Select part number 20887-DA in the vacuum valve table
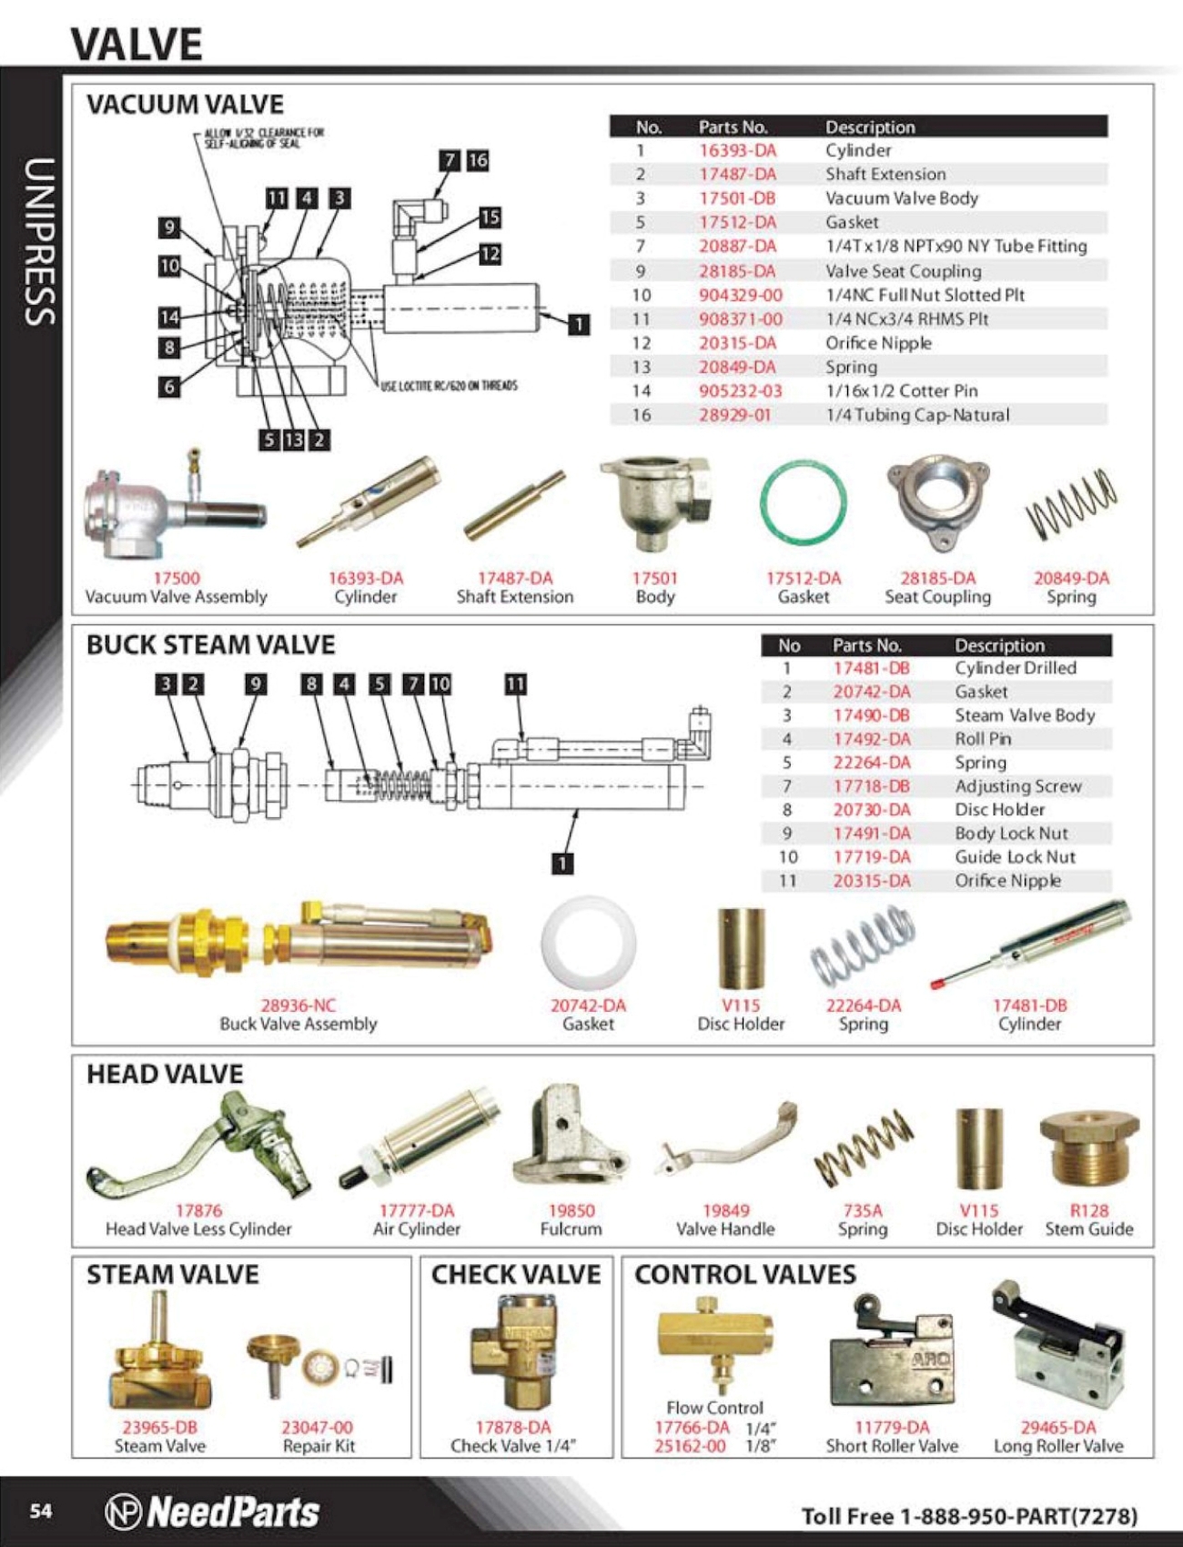point(737,247)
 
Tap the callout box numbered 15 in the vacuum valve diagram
point(490,217)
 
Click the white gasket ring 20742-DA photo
point(588,943)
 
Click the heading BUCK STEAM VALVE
point(210,645)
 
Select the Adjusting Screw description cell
point(1017,786)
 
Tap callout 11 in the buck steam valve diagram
point(515,684)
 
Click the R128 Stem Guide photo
point(1088,1151)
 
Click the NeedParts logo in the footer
point(212,1512)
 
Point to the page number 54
point(41,1512)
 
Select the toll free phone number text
point(969,1516)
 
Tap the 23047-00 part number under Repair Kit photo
point(317,1427)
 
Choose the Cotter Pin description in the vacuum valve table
point(901,391)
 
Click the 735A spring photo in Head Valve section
point(862,1148)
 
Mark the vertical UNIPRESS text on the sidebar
point(39,241)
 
